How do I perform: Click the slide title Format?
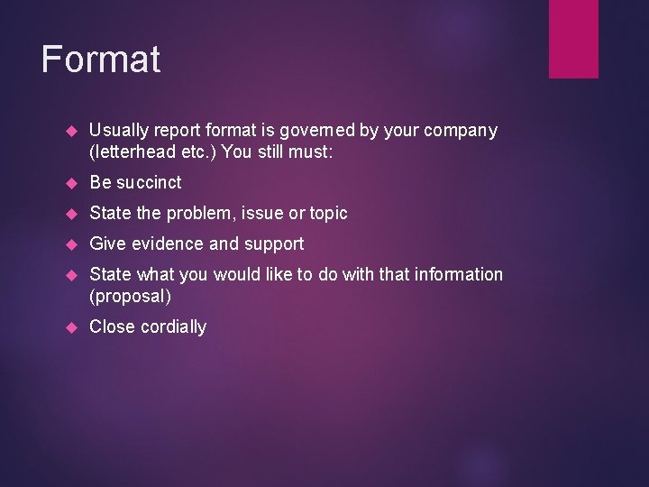click(101, 60)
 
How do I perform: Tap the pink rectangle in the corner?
click(573, 38)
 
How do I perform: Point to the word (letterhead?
click(133, 152)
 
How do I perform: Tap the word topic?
click(328, 213)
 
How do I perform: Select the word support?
click(274, 243)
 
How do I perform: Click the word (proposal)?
click(130, 296)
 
